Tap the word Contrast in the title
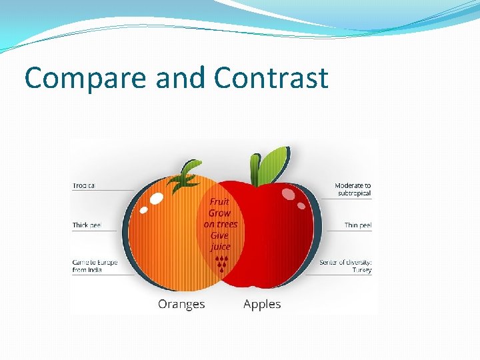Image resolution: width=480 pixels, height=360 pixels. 271,78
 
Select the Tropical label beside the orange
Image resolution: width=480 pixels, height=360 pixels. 84,185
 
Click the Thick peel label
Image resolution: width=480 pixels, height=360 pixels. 87,225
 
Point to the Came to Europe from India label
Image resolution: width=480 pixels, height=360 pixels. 95,266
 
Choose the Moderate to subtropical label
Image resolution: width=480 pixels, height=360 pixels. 353,189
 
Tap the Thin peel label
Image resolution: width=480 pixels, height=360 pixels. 358,225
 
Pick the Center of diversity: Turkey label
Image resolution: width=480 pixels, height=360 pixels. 345,266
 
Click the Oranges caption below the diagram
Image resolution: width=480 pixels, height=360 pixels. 181,304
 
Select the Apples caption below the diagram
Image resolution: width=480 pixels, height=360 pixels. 262,304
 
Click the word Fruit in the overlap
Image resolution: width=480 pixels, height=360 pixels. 220,202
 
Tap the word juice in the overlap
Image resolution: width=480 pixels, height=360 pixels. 220,247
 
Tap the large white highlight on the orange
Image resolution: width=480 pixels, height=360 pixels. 156,198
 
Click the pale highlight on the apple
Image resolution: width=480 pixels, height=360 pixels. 288,193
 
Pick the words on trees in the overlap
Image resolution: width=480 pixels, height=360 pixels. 220,224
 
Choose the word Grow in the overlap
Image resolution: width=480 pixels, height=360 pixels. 220,213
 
